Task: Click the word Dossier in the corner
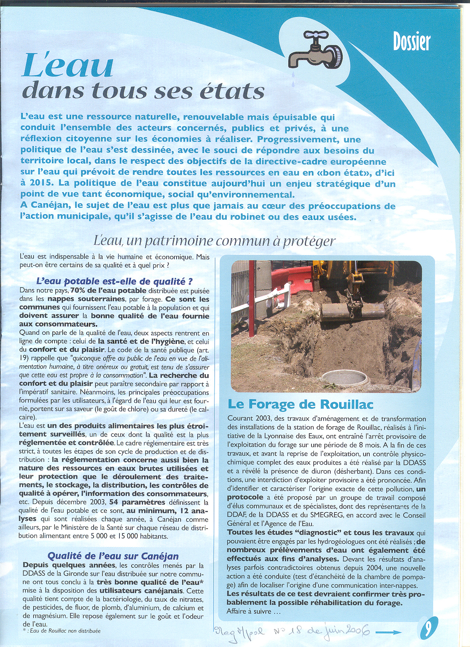(x=411, y=41)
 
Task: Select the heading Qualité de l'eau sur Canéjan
(x=113, y=556)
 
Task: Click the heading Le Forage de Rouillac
(x=300, y=404)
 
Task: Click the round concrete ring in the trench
(x=345, y=379)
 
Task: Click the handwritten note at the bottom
(x=291, y=633)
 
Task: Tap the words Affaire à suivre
(x=254, y=611)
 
